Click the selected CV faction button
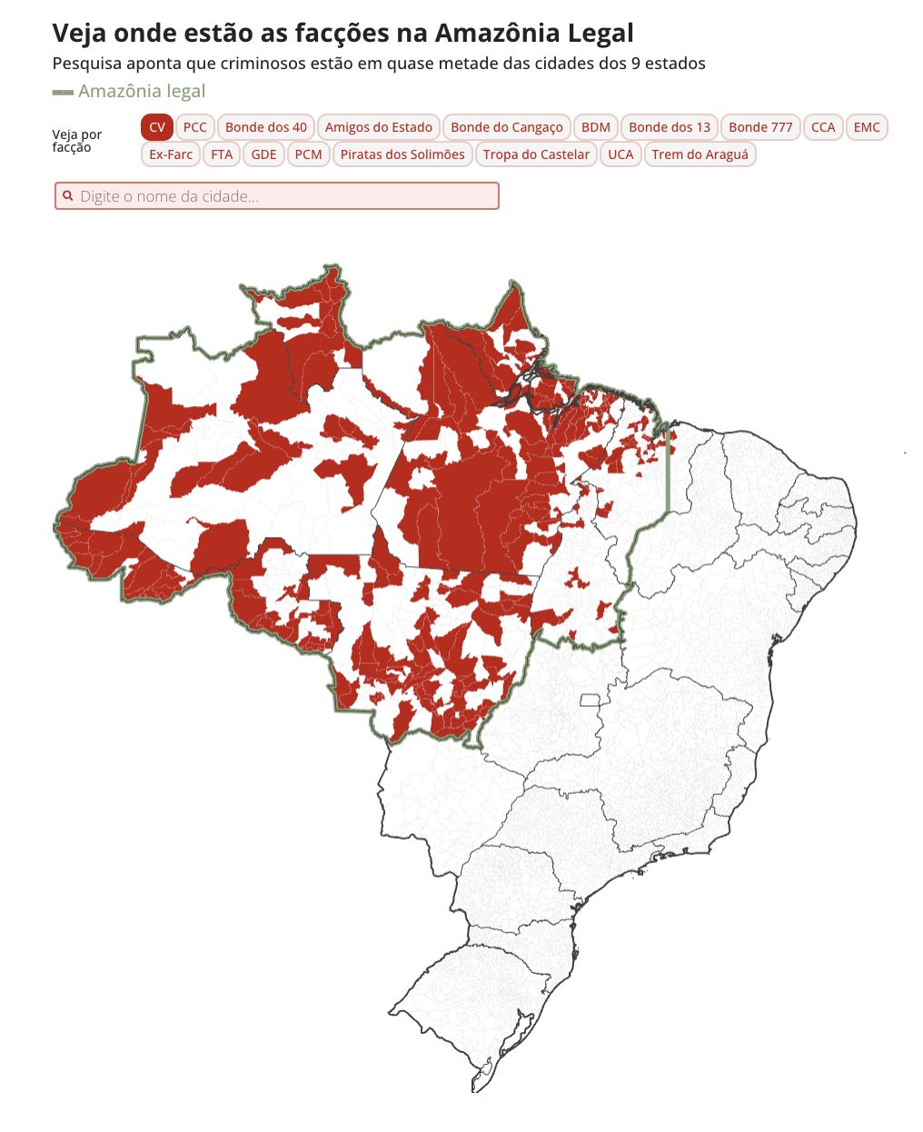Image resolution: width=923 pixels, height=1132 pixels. click(x=157, y=127)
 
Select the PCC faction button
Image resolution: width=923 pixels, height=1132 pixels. click(x=194, y=127)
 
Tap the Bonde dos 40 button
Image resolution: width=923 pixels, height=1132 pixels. click(x=266, y=127)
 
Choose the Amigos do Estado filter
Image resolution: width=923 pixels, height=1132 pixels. click(x=379, y=127)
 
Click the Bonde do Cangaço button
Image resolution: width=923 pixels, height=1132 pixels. click(x=507, y=127)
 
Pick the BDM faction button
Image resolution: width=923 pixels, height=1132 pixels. click(x=596, y=127)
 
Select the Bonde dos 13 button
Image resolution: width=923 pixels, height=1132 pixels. click(x=670, y=127)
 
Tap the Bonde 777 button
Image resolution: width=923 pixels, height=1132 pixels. click(x=760, y=127)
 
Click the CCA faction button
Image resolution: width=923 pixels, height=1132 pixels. click(x=823, y=127)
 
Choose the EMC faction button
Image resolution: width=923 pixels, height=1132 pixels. click(x=867, y=127)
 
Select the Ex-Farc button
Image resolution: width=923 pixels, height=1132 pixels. click(x=171, y=154)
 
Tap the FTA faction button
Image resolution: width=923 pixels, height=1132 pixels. click(x=222, y=154)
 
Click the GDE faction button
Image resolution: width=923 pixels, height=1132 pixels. click(x=263, y=154)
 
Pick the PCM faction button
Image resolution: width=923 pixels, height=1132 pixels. click(x=309, y=154)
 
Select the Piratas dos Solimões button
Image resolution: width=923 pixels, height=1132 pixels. click(x=402, y=154)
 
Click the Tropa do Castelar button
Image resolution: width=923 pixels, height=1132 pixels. click(x=536, y=154)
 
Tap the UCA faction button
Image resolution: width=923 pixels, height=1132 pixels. click(x=620, y=154)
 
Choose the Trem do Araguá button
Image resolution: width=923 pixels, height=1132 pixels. click(x=700, y=154)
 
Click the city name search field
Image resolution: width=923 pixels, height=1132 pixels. click(x=277, y=196)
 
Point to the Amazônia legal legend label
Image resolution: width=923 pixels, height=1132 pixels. click(x=142, y=92)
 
